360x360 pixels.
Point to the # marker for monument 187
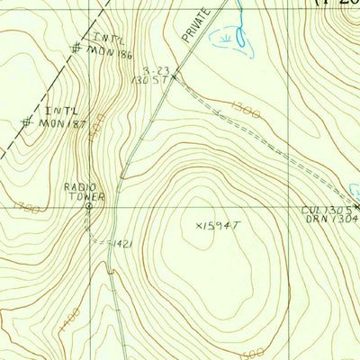click(x=27, y=121)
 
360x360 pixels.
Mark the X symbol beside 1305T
click(x=177, y=78)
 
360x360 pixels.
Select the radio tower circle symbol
click(x=88, y=206)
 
